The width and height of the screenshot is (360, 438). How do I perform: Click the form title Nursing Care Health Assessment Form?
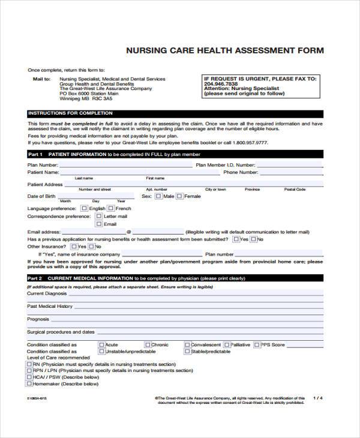[224, 51]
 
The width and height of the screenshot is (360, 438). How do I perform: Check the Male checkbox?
[158, 196]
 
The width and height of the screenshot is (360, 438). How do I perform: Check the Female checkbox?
[179, 196]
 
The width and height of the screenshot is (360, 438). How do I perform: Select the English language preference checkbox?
[84, 208]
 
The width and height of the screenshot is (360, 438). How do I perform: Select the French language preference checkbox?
[111, 208]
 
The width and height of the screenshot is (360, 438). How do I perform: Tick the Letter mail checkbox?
[99, 216]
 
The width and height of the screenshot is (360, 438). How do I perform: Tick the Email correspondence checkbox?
[99, 224]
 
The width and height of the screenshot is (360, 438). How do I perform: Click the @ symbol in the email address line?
[128, 232]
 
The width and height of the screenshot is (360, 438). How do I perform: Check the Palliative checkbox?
[227, 345]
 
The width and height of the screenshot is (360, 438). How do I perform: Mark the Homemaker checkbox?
[29, 383]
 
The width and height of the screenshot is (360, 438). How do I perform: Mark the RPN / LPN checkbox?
[29, 370]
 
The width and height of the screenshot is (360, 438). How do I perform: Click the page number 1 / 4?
[317, 398]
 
